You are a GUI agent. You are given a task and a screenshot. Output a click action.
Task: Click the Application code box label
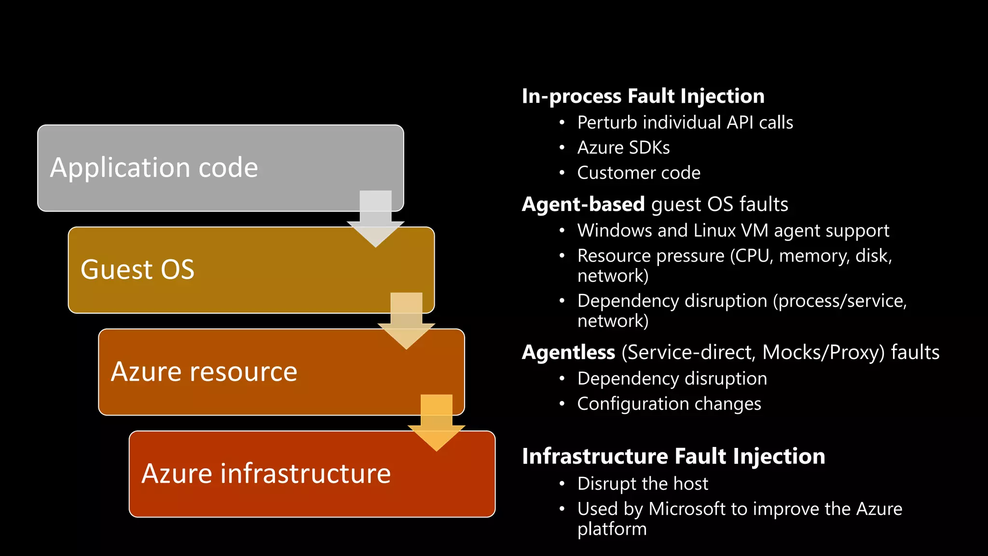[x=154, y=168]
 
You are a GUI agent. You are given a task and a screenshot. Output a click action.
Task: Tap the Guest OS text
[x=137, y=270]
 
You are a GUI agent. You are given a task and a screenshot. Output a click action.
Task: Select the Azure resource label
[x=204, y=372]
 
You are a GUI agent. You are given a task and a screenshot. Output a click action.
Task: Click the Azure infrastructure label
[x=266, y=473]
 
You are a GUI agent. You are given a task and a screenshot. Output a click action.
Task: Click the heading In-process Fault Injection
[x=643, y=96]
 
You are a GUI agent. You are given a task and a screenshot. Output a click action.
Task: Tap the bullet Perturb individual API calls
[x=685, y=123]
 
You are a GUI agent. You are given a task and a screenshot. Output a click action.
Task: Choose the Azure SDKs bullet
[x=623, y=148]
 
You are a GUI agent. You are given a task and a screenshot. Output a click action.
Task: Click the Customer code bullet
[x=639, y=173]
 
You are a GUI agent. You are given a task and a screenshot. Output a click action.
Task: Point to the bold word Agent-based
[x=583, y=204]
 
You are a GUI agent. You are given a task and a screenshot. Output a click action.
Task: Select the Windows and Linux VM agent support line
[x=733, y=231]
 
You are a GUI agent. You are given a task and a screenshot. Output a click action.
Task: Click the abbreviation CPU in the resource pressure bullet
[x=752, y=256]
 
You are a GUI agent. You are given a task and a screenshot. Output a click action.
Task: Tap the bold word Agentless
[x=568, y=352]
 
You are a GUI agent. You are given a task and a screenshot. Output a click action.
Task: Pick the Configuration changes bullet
[x=669, y=404]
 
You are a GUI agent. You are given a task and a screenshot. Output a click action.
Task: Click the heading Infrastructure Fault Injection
[x=673, y=457]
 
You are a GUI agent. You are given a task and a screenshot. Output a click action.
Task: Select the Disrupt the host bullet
[x=643, y=484]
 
